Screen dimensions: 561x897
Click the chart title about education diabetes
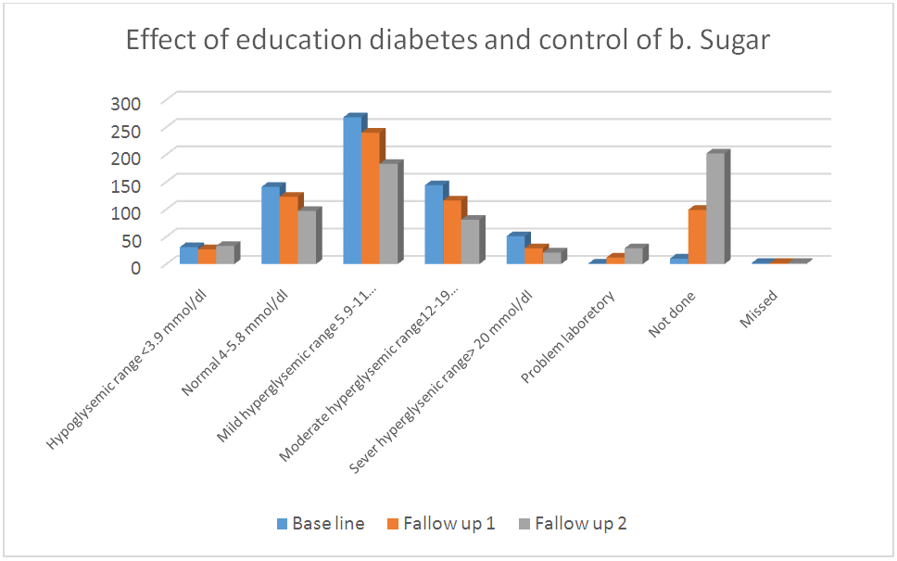pyautogui.click(x=448, y=42)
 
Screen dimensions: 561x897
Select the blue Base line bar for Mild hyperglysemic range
pyautogui.click(x=352, y=191)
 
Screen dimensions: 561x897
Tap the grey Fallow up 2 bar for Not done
pyautogui.click(x=715, y=209)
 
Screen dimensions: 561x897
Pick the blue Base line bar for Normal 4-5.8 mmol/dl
pyautogui.click(x=271, y=225)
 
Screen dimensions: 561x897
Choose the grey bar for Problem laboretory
pyautogui.click(x=633, y=256)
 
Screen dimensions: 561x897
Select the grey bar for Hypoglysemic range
pyautogui.click(x=224, y=255)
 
